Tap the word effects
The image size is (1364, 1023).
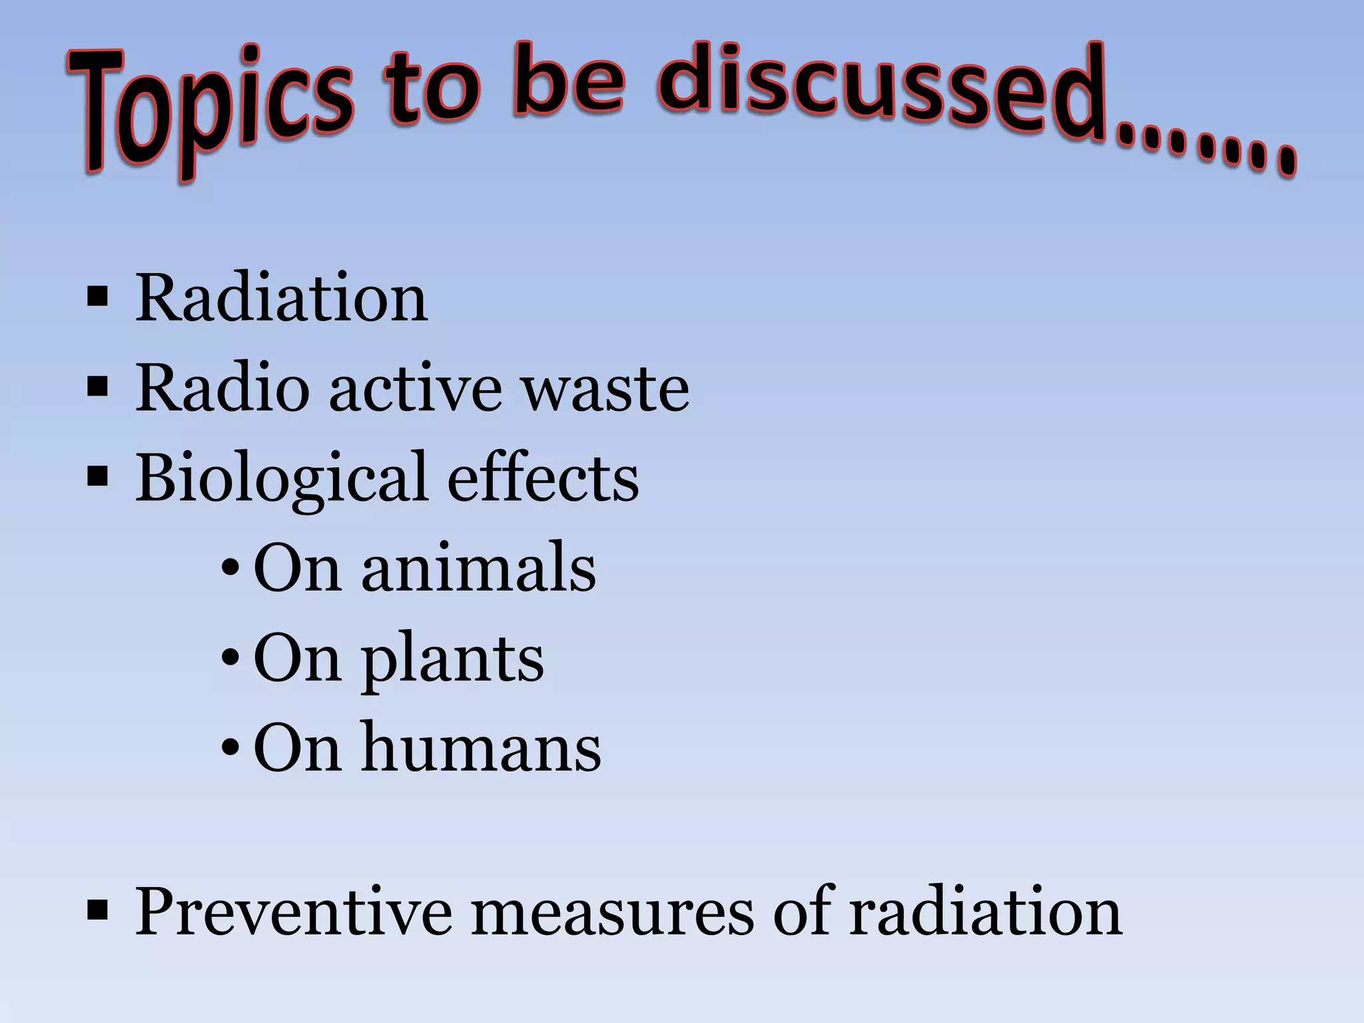(x=543, y=478)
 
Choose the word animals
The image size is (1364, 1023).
(x=478, y=568)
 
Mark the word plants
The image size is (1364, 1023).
(x=452, y=659)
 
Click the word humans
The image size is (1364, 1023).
(x=481, y=749)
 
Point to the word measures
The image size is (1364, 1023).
(x=613, y=912)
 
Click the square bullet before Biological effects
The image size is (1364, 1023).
(x=97, y=477)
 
